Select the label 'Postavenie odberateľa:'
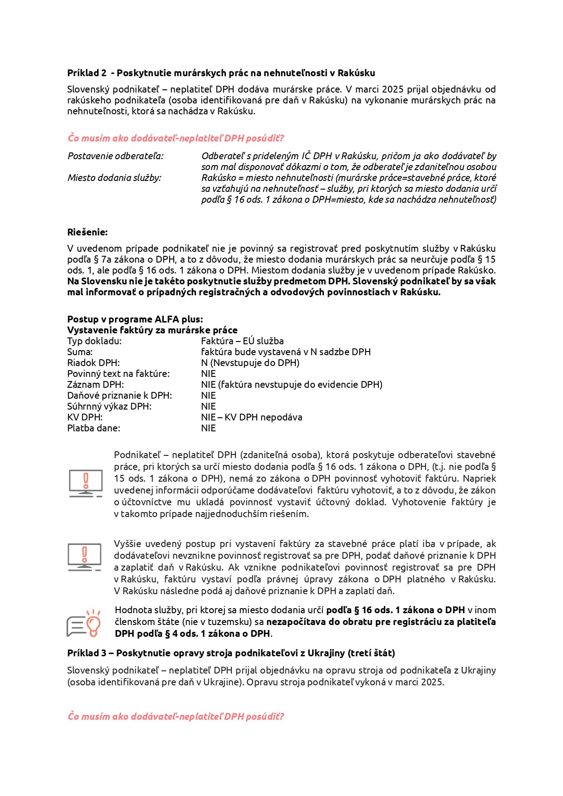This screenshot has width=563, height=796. click(x=115, y=156)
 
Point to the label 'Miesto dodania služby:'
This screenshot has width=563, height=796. click(x=114, y=178)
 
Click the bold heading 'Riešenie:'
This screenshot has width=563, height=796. click(x=88, y=232)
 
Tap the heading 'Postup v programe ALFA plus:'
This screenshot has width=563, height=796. click(x=135, y=319)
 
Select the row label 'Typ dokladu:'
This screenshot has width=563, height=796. click(x=94, y=341)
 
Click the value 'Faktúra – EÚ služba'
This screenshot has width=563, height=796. click(x=242, y=341)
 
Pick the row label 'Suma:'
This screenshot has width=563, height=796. click(x=80, y=352)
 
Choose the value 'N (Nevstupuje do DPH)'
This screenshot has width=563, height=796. click(x=250, y=363)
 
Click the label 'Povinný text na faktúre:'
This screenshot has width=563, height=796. click(x=118, y=374)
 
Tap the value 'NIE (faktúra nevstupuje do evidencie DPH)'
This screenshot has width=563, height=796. click(x=292, y=385)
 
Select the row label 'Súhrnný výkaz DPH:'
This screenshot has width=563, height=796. click(x=109, y=406)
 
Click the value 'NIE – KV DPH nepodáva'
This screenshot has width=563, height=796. click(x=251, y=417)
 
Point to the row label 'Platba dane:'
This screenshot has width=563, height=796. click(x=93, y=428)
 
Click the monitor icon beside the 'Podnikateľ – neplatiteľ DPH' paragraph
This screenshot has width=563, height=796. click(x=86, y=483)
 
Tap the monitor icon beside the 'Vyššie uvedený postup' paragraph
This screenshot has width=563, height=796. click(x=84, y=557)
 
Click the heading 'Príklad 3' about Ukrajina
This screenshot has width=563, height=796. click(x=231, y=653)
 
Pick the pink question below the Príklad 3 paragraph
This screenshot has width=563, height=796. click(x=176, y=717)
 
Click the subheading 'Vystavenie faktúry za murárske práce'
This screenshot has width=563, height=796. click(x=152, y=330)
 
